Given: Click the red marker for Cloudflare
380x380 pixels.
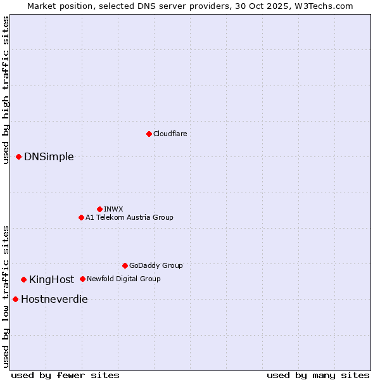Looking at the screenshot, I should click(x=149, y=134).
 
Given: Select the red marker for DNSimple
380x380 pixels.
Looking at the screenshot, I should click(x=18, y=156).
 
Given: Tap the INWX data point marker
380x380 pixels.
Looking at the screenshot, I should click(x=99, y=209).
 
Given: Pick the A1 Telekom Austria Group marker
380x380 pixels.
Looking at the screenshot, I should click(x=81, y=217).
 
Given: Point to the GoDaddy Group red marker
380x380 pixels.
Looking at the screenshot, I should click(x=125, y=265).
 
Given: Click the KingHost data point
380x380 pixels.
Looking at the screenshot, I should click(x=23, y=279).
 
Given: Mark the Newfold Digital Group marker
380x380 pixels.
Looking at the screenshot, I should click(x=82, y=279).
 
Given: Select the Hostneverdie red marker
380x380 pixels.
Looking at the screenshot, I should click(x=15, y=299).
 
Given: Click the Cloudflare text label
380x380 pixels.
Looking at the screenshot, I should click(x=170, y=134).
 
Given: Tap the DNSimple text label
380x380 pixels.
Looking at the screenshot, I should click(x=49, y=157).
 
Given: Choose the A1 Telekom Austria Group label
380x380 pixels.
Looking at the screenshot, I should click(x=129, y=217).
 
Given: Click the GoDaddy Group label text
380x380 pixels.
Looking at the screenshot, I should click(x=156, y=265).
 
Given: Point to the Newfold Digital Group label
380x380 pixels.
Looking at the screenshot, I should click(x=123, y=279).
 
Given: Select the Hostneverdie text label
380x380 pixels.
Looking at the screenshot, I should click(x=54, y=300).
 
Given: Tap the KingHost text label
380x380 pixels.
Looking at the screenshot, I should click(x=51, y=280).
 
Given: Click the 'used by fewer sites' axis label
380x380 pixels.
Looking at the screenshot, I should click(x=65, y=375).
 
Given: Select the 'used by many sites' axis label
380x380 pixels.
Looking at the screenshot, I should click(x=318, y=375).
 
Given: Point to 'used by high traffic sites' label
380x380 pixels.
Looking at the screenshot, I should click(x=6, y=90).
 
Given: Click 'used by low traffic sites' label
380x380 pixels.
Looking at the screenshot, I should click(x=6, y=296).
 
